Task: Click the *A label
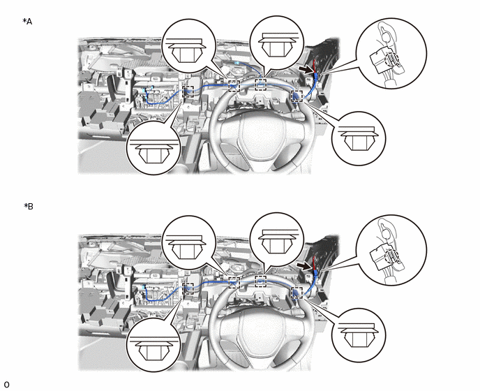(27, 22)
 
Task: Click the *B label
(29, 207)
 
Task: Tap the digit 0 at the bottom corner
(7, 385)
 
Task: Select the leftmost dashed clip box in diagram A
(188, 91)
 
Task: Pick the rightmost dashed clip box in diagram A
(297, 96)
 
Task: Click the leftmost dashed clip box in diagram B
(188, 288)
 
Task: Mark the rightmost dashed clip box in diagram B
(297, 293)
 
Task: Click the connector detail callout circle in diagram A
(391, 54)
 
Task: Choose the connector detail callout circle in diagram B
(391, 251)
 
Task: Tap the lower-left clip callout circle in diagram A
(153, 148)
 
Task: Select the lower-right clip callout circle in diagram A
(359, 138)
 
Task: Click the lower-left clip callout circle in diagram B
(153, 344)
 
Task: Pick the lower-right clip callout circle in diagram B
(359, 335)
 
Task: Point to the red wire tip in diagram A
(314, 61)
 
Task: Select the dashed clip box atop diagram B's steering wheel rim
(261, 281)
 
